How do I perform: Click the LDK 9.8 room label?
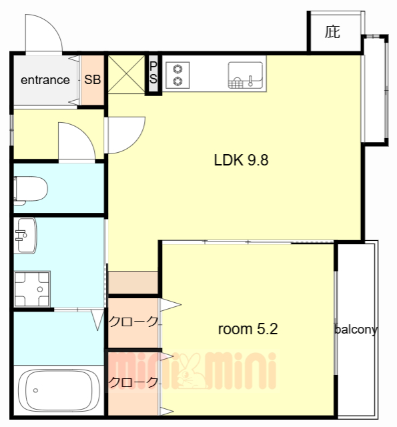click(x=242, y=160)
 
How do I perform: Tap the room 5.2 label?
click(x=248, y=329)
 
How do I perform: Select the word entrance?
click(x=45, y=80)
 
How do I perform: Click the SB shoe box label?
click(x=93, y=80)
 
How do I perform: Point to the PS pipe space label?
click(x=153, y=73)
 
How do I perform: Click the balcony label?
click(x=356, y=330)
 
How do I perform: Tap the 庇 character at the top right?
click(x=332, y=32)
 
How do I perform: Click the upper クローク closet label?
click(x=133, y=322)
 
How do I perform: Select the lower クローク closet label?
click(x=133, y=382)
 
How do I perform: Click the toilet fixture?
click(x=31, y=189)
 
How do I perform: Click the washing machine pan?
click(x=32, y=289)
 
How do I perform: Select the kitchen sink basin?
click(x=246, y=75)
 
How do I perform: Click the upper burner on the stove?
click(x=177, y=69)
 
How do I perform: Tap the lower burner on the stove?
click(x=177, y=81)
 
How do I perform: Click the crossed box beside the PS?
click(x=126, y=74)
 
